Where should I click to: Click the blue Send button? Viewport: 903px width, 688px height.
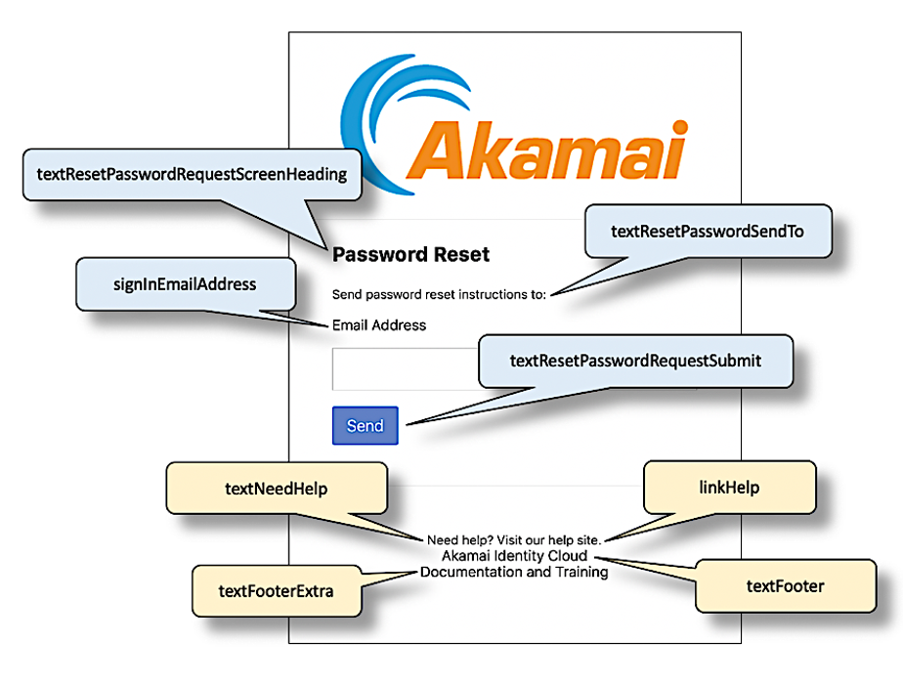point(365,425)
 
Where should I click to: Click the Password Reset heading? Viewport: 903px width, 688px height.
point(410,255)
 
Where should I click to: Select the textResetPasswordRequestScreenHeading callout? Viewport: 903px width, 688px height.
point(191,175)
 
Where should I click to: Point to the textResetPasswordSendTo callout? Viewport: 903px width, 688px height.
point(707,232)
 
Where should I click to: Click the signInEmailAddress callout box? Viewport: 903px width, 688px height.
point(185,285)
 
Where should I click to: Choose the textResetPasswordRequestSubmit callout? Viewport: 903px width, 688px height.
point(635,362)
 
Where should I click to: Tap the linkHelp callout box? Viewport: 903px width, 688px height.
point(728,487)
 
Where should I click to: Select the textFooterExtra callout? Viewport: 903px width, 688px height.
point(276,590)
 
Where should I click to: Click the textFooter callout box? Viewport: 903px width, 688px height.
point(785,586)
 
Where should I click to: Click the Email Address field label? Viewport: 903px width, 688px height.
point(379,324)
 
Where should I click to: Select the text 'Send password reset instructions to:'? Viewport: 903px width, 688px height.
point(439,293)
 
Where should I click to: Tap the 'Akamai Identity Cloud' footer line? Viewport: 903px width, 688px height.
point(513,556)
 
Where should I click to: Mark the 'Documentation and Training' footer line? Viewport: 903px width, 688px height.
point(513,573)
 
